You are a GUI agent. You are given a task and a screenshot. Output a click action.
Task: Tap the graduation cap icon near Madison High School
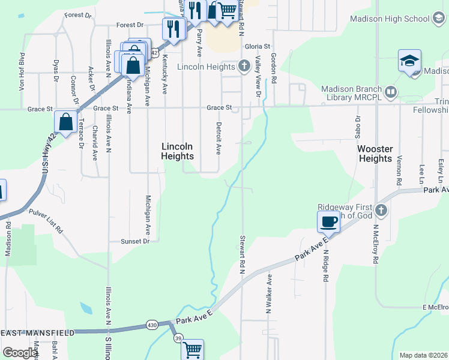click(409, 61)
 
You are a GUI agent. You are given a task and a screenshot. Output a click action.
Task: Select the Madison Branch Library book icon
click(391, 92)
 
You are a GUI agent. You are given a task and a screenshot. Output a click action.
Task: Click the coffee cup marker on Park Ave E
click(328, 222)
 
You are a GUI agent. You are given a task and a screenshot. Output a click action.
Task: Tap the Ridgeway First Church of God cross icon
click(381, 210)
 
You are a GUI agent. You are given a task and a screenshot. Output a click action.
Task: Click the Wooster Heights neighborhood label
click(375, 154)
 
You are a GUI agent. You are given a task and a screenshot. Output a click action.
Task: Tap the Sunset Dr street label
click(135, 241)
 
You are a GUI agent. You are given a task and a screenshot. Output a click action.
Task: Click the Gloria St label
click(258, 46)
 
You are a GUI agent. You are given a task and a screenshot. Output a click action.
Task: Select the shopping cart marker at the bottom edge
click(193, 349)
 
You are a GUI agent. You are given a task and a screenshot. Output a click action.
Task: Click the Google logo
click(20, 353)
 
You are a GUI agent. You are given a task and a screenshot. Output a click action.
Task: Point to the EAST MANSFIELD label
click(37, 332)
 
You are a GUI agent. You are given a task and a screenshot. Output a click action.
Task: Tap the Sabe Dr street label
click(358, 127)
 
